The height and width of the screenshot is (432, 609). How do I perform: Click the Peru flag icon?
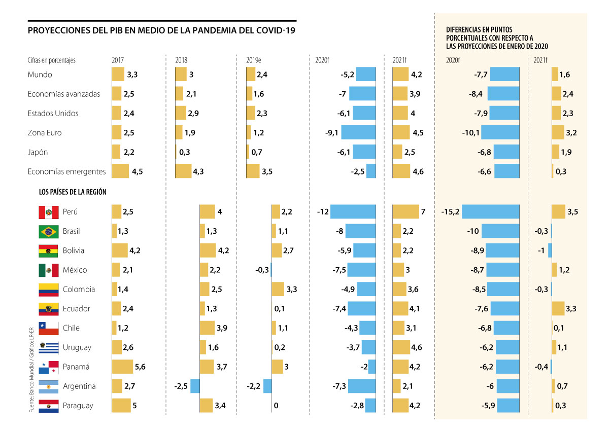tap(49, 212)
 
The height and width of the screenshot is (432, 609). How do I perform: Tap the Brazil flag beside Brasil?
tap(49, 231)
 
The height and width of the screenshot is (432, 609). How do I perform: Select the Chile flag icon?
tap(49, 328)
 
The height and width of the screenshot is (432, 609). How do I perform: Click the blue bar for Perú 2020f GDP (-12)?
tap(353, 212)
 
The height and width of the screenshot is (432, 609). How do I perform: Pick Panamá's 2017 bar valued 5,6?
tap(122, 367)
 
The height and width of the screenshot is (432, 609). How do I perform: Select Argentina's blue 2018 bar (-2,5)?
tap(195, 386)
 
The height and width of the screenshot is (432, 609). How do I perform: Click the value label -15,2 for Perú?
tap(451, 212)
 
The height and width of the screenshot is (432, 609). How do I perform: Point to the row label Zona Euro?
tap(45, 133)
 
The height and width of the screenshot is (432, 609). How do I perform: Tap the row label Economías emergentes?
tap(67, 171)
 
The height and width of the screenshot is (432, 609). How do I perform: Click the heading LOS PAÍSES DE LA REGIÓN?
tap(72, 192)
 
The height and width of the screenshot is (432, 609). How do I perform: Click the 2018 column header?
tap(181, 60)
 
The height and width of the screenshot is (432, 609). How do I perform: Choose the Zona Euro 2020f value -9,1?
tap(332, 133)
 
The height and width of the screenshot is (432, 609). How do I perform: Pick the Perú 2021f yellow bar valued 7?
tap(406, 212)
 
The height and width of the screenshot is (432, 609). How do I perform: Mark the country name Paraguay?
tap(78, 406)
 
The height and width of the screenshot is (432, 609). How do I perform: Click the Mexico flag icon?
tap(49, 270)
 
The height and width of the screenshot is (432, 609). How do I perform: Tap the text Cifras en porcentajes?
tap(52, 60)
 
